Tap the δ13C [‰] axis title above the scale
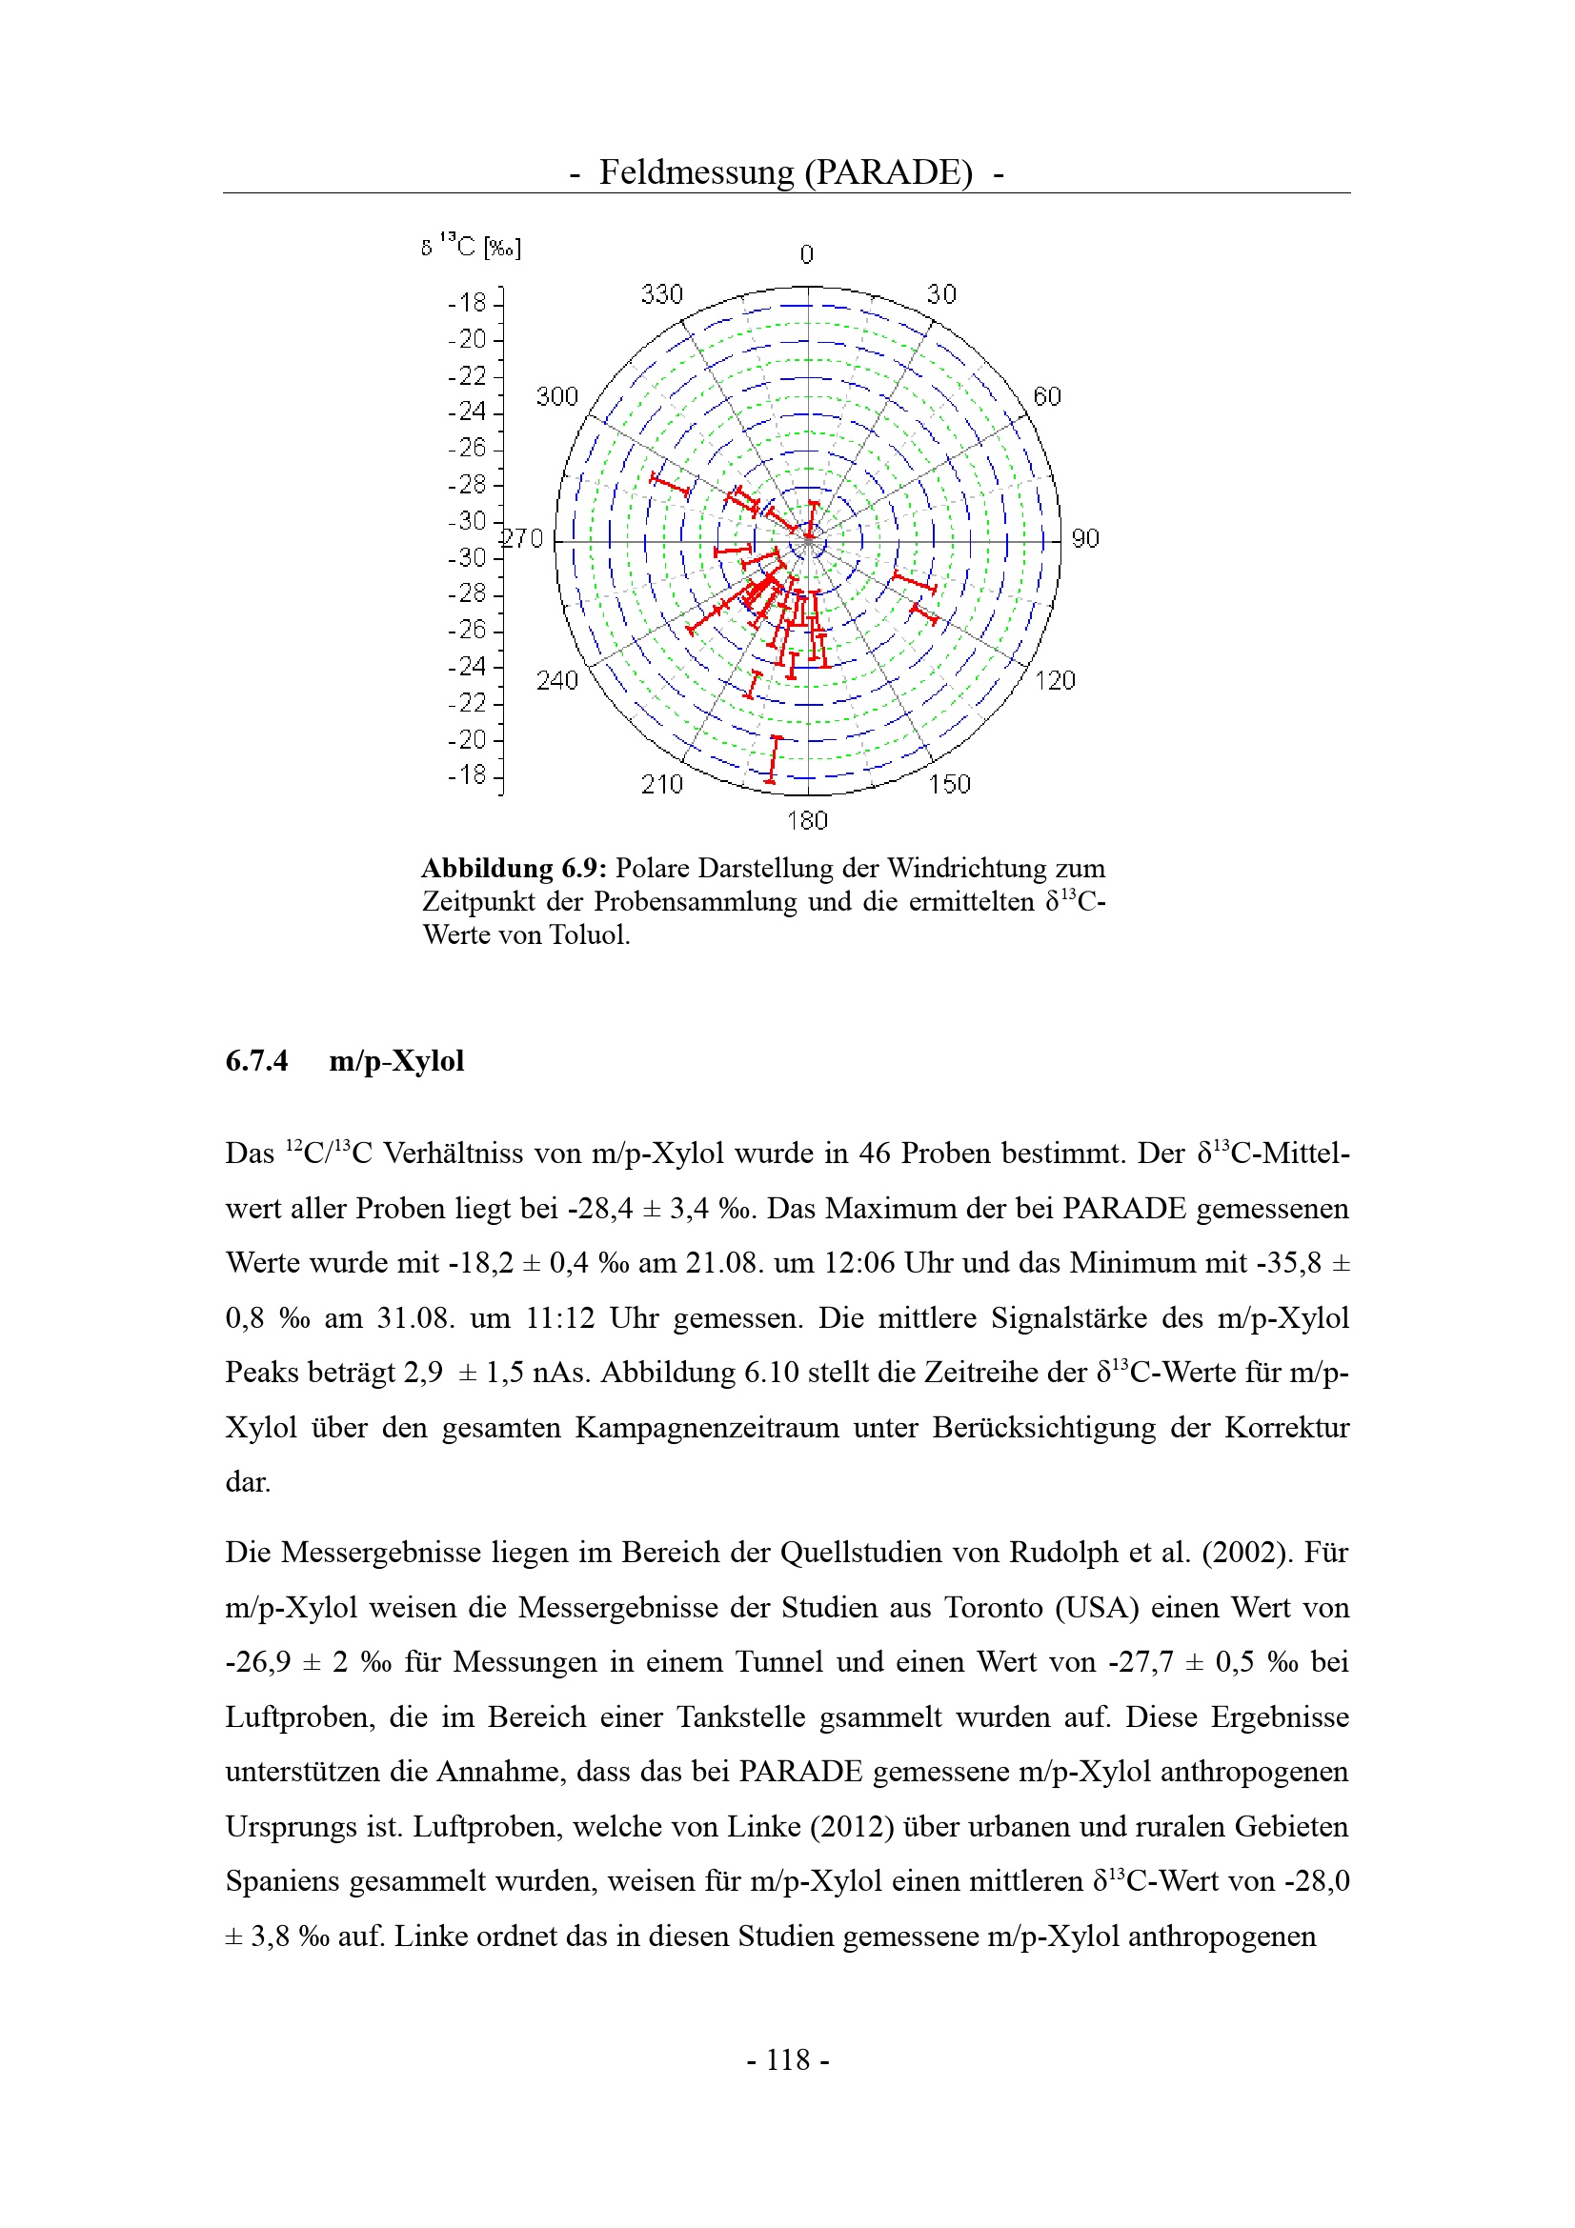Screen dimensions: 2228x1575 (x=471, y=247)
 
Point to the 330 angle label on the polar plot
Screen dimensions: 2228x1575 (x=662, y=294)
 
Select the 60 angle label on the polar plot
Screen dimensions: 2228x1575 (x=1047, y=396)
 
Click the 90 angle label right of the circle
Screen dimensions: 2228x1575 (x=1085, y=538)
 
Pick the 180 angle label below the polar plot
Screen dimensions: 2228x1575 (x=806, y=821)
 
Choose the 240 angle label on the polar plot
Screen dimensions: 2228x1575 (x=557, y=680)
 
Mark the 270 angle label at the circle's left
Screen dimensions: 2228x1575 (x=523, y=538)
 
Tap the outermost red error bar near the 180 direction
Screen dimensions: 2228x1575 (x=774, y=759)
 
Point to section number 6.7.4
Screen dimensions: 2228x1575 (x=256, y=1060)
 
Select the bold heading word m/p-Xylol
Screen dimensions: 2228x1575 (x=397, y=1060)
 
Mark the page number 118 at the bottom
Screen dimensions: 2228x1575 (x=788, y=2059)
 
